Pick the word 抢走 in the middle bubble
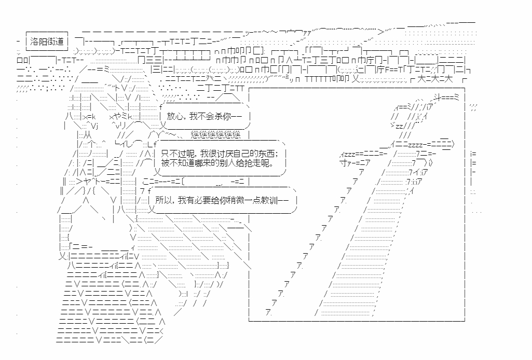point(255,163)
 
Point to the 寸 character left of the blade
point(343,163)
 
